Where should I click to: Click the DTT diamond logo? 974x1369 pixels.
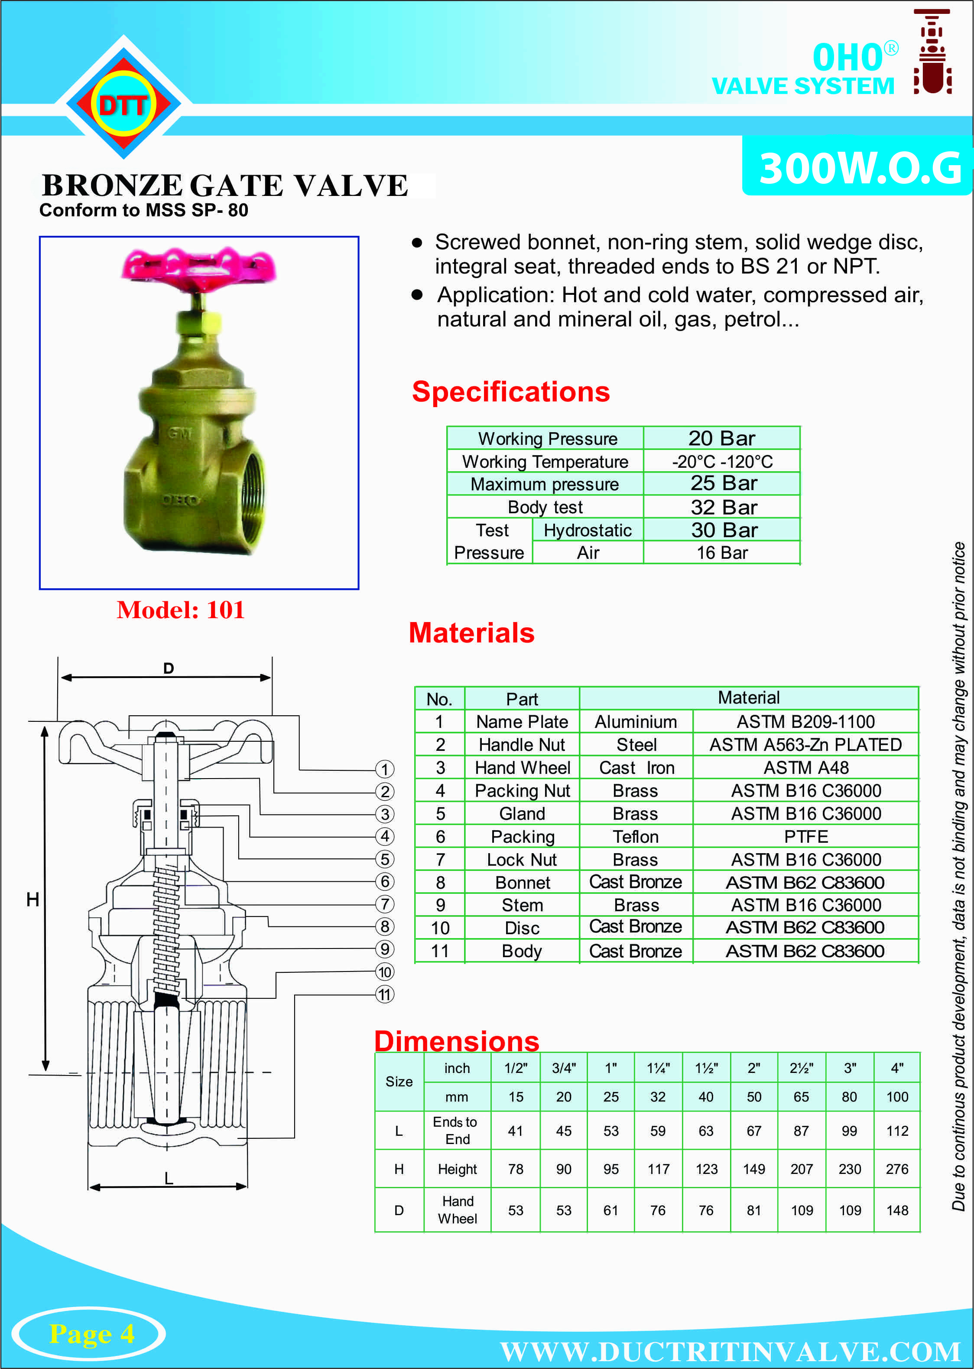pos(123,104)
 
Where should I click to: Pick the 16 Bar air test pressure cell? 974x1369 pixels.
pos(721,553)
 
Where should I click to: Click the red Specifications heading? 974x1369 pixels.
pos(510,392)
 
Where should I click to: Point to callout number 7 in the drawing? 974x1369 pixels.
pos(384,904)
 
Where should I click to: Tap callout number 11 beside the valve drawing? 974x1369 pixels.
pos(384,994)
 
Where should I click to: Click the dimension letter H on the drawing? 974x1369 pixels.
pos(32,899)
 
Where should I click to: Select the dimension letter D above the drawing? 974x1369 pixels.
pos(169,668)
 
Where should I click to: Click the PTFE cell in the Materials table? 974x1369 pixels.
pos(805,836)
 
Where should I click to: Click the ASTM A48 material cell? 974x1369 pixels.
pos(805,768)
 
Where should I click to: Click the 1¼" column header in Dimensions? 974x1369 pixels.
pos(658,1068)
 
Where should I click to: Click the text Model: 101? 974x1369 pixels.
pos(181,610)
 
